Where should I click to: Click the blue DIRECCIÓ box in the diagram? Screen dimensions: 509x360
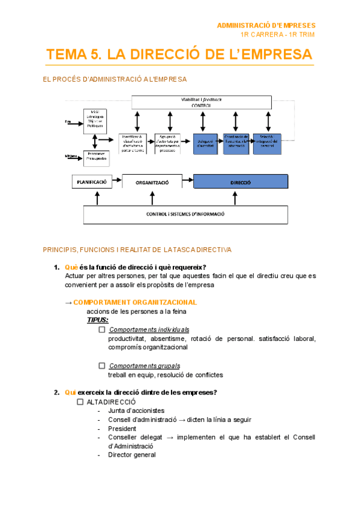click(240, 182)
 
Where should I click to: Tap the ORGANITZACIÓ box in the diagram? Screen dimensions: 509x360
click(152, 182)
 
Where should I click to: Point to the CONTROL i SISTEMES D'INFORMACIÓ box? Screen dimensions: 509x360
click(185, 214)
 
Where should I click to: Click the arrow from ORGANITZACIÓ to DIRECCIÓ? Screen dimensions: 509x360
click(187, 181)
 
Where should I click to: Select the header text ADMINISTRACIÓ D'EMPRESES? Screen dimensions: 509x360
click(266, 26)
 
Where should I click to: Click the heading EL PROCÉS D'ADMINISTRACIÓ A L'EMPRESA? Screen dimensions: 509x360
click(115, 79)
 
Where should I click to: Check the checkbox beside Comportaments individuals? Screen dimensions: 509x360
click(102, 330)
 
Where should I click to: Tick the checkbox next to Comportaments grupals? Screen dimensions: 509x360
click(102, 366)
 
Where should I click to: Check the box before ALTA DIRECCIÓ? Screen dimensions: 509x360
click(80, 402)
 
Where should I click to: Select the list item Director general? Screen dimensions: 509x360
click(132, 455)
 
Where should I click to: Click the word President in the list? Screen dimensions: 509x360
click(122, 429)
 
